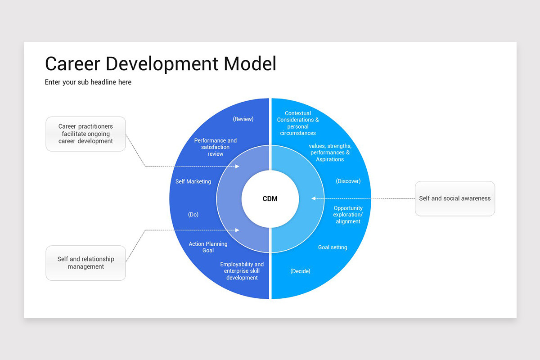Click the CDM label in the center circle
click(x=270, y=198)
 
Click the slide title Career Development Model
click(x=161, y=64)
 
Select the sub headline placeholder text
click(x=88, y=82)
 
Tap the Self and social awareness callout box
click(x=454, y=198)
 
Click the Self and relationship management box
click(x=85, y=263)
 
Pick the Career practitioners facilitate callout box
click(x=85, y=134)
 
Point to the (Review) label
click(x=243, y=119)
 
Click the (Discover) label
click(x=348, y=181)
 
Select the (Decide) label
click(x=300, y=271)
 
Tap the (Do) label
click(x=193, y=215)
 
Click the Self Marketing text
click(x=193, y=181)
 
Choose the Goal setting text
click(x=333, y=247)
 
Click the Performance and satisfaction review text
click(x=216, y=147)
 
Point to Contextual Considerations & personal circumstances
click(x=298, y=123)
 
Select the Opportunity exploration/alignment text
click(x=348, y=215)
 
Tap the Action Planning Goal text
click(x=208, y=247)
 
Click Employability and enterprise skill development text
click(x=242, y=271)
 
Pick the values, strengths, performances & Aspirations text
click(x=330, y=153)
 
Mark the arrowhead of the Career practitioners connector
click(x=237, y=166)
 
